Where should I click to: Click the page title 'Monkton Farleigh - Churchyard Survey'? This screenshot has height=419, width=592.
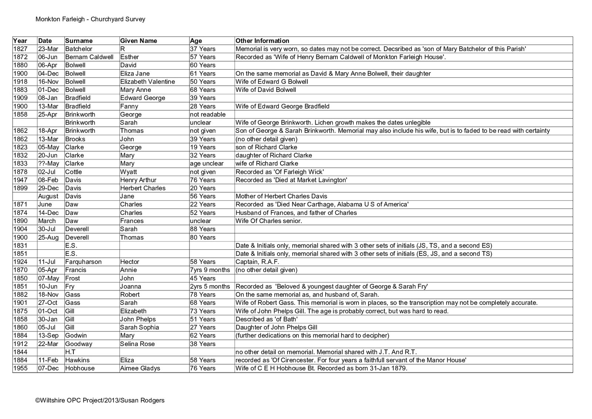coord(90,19)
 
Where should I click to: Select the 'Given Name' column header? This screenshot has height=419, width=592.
coord(138,41)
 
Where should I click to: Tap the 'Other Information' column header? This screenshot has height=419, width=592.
coord(262,41)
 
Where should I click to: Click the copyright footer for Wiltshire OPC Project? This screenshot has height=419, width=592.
coord(100,400)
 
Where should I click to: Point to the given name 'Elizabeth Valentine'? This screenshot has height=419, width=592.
coord(148,82)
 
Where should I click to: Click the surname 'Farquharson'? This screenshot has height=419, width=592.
coord(83,262)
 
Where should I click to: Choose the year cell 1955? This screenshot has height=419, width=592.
coord(20,368)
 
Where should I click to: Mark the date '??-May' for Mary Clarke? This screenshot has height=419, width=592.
coord(48,163)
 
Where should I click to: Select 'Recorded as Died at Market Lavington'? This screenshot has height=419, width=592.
coord(291,180)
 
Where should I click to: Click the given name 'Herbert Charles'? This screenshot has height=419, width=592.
coord(143,188)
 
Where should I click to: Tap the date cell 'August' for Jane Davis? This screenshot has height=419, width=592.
coord(48,196)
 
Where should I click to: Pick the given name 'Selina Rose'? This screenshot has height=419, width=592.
coord(138,344)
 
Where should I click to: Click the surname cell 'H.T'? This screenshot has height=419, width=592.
coord(70,352)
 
